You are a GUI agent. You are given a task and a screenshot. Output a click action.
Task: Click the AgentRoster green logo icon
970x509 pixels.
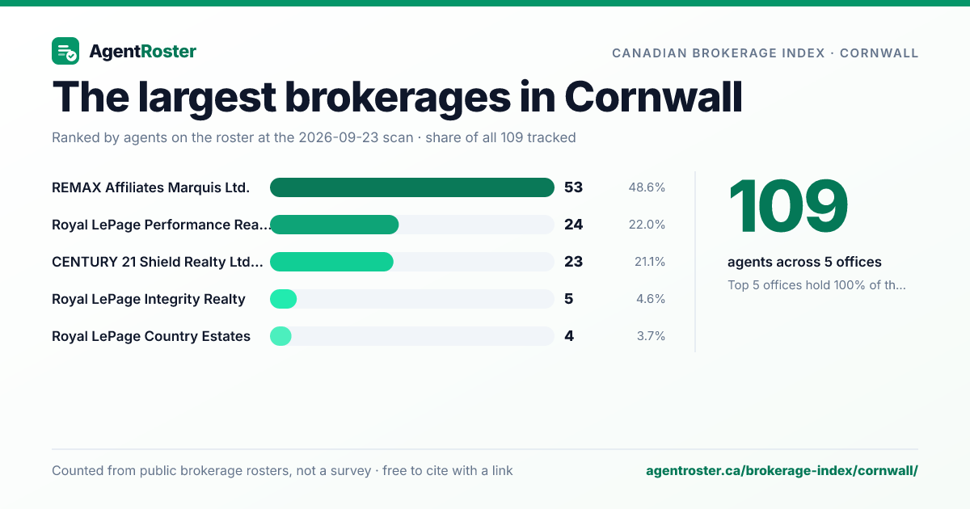(x=65, y=51)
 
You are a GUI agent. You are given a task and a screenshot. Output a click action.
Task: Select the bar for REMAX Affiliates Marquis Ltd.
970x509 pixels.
(x=411, y=187)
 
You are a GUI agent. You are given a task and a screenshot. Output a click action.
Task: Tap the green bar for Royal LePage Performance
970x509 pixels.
(x=335, y=225)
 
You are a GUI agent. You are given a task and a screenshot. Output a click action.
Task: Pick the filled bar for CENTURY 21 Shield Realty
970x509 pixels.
(x=331, y=262)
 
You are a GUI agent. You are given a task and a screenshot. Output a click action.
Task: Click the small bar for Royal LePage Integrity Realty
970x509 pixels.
(x=283, y=299)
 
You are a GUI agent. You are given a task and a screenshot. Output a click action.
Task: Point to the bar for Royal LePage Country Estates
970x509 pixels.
(x=280, y=336)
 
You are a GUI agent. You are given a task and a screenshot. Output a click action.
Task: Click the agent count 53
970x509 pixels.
(x=573, y=187)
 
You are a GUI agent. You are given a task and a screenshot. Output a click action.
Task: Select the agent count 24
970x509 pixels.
(x=573, y=225)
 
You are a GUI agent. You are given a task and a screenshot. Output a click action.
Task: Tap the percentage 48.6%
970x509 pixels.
(x=647, y=187)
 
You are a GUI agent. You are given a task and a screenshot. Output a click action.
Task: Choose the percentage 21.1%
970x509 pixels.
(x=650, y=262)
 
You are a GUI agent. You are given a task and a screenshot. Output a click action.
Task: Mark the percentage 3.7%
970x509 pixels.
(x=651, y=336)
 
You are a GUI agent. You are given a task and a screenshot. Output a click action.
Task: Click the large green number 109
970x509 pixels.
(x=787, y=207)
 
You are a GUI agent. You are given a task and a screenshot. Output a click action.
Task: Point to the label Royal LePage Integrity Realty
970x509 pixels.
(x=149, y=299)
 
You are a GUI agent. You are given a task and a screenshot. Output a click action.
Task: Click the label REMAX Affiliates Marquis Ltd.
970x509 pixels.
(x=150, y=187)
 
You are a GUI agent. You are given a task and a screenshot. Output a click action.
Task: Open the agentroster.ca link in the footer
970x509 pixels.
(x=782, y=470)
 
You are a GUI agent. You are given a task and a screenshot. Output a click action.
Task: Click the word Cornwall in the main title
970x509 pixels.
(x=653, y=97)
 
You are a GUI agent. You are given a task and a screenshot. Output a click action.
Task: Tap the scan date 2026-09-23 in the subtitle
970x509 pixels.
(x=356, y=137)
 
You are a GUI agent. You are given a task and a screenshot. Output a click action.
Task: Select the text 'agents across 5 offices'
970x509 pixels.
(x=804, y=262)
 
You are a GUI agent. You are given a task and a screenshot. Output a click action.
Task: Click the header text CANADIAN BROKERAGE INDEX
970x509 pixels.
(x=719, y=53)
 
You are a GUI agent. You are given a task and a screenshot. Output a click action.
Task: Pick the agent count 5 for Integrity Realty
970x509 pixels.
(x=568, y=299)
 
